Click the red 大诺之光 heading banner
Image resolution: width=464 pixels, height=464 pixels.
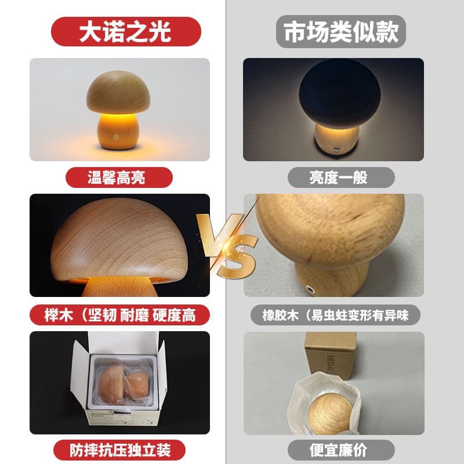(126, 31)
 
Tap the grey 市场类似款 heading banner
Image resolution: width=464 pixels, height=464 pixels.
(341, 31)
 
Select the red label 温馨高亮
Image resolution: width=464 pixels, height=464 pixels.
(119, 177)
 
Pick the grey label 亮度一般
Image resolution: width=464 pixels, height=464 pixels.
(341, 177)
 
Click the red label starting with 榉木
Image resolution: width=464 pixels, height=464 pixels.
(119, 315)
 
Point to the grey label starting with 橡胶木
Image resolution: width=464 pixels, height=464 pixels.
(335, 315)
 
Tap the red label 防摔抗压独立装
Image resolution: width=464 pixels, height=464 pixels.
(119, 450)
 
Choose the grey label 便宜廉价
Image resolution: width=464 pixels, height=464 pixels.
(341, 450)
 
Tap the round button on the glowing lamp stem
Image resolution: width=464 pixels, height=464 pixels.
(115, 137)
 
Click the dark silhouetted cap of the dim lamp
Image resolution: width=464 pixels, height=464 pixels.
(340, 94)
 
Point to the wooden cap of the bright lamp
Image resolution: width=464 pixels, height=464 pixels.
(118, 92)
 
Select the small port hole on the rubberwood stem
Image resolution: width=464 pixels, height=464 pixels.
(310, 288)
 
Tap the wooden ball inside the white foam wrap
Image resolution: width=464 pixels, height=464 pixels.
(329, 414)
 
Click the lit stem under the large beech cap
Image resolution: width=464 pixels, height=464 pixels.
(119, 287)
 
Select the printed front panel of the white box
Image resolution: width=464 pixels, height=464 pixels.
(122, 416)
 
